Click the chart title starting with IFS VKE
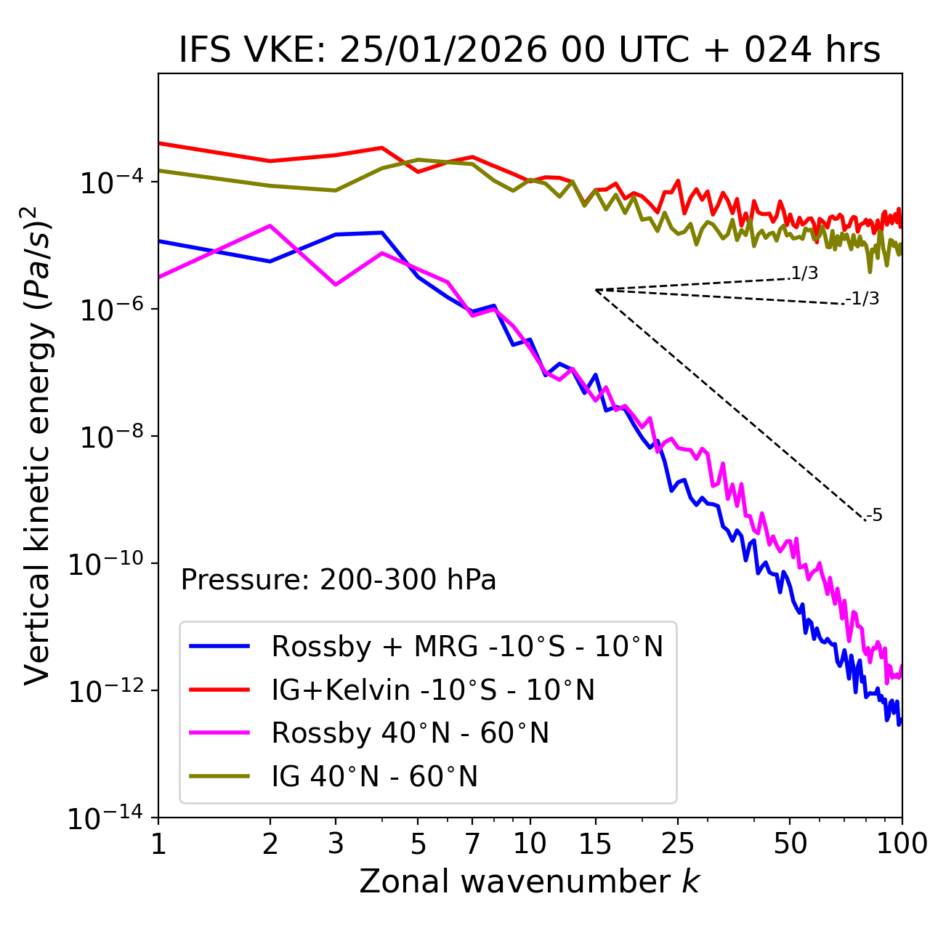pos(530,51)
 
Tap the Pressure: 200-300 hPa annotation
pos(339,580)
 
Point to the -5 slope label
pos(874,516)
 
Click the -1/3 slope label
pos(863,299)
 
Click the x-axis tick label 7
pos(472,844)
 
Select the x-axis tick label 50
pos(790,844)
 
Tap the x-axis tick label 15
pos(595,844)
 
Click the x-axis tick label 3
pos(335,844)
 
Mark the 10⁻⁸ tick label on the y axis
pos(110,437)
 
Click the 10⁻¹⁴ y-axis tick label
pos(105,819)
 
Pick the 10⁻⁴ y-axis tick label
pos(110,182)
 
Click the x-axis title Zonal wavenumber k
pos(530,881)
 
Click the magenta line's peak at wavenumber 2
pos(270,225)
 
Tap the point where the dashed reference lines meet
pos(596,290)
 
